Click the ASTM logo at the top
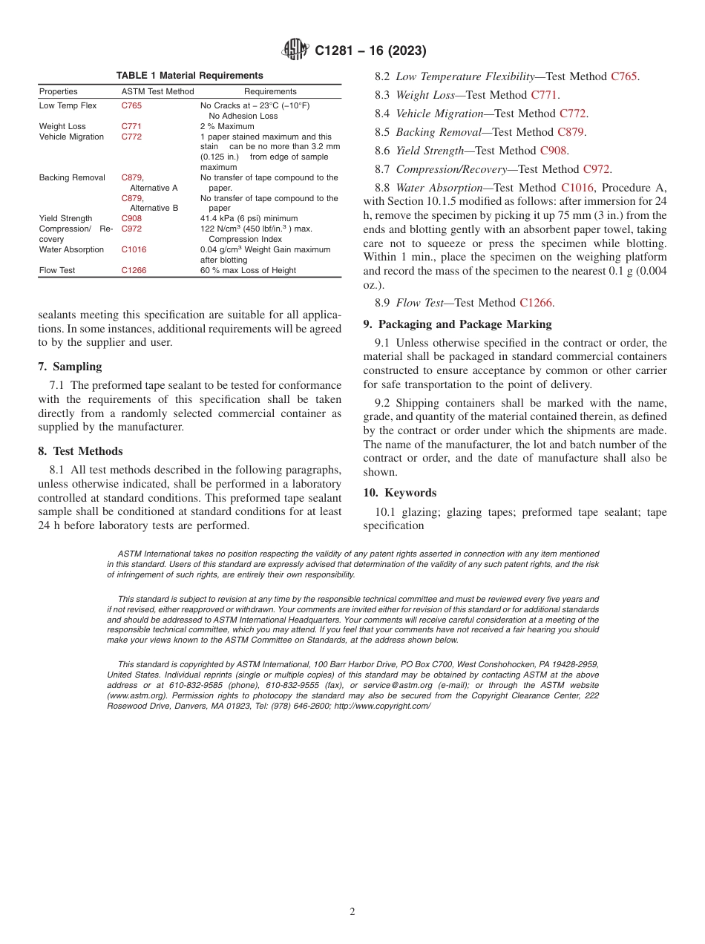[295, 50]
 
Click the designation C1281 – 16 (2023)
[370, 51]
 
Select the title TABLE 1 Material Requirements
[189, 76]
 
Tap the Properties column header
[58, 91]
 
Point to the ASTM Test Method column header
[157, 91]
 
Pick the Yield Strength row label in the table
[65, 218]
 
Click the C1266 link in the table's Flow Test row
[134, 270]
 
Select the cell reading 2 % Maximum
[227, 126]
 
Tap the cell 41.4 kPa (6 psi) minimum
[249, 218]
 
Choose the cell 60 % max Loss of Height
[248, 270]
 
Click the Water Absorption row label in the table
[71, 249]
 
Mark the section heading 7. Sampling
[70, 367]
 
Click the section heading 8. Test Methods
[80, 451]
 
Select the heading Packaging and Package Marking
[465, 324]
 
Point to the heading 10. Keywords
[400, 493]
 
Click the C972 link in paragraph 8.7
[597, 169]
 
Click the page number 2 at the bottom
[352, 912]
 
